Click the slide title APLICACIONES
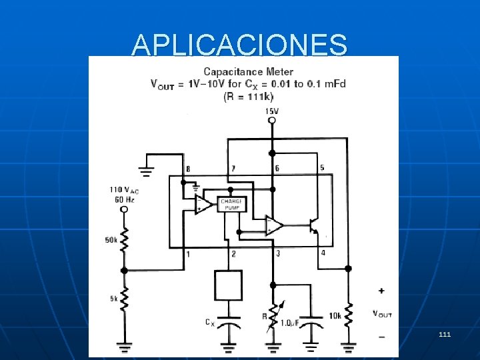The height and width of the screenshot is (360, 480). click(x=239, y=45)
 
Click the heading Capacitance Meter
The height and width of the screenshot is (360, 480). click(x=248, y=71)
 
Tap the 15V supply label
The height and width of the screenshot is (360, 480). click(x=271, y=111)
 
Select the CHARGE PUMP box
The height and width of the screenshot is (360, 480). click(x=232, y=204)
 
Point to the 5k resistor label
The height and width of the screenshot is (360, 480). click(x=113, y=299)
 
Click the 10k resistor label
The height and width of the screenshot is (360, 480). click(x=334, y=315)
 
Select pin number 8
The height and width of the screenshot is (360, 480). click(x=188, y=169)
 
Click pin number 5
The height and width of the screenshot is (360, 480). click(x=322, y=167)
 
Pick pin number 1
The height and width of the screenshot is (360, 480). click(x=188, y=254)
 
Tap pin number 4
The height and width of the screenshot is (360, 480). click(x=323, y=253)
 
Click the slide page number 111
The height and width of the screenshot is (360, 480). click(x=445, y=333)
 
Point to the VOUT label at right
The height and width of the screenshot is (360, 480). click(x=382, y=313)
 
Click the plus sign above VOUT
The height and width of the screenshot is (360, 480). click(x=381, y=291)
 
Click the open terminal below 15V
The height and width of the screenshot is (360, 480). click(x=271, y=121)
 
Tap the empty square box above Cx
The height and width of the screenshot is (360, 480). click(x=228, y=285)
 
